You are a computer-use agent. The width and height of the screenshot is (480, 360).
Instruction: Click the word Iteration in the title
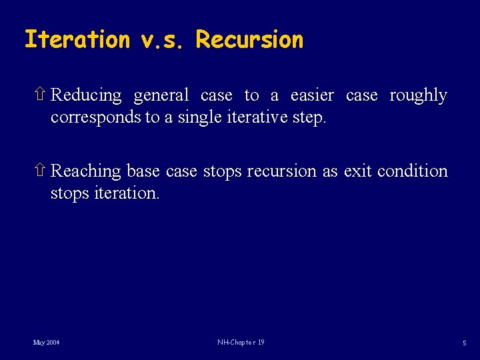pyautogui.click(x=77, y=40)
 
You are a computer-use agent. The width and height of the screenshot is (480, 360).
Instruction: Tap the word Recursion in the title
pyautogui.click(x=249, y=40)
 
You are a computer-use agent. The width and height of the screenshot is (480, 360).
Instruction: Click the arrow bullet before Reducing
pyautogui.click(x=41, y=95)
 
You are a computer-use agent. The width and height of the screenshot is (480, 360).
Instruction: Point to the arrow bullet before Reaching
pyautogui.click(x=41, y=171)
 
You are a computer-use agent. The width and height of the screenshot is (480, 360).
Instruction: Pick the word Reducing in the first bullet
pyautogui.click(x=86, y=96)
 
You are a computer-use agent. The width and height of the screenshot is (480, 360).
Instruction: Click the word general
pyautogui.click(x=161, y=96)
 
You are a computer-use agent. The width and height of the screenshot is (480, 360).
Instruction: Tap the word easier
pyautogui.click(x=312, y=96)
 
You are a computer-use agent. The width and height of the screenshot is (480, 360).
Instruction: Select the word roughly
pyautogui.click(x=418, y=96)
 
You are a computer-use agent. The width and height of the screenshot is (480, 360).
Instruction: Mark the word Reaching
pyautogui.click(x=86, y=172)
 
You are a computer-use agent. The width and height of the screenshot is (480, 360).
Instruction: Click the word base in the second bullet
pyautogui.click(x=143, y=171)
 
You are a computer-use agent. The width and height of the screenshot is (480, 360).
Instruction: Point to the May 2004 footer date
pyautogui.click(x=46, y=343)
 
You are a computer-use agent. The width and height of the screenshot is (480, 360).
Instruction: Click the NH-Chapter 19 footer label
pyautogui.click(x=241, y=343)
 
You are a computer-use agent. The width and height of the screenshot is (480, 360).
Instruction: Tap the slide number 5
pyautogui.click(x=464, y=343)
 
